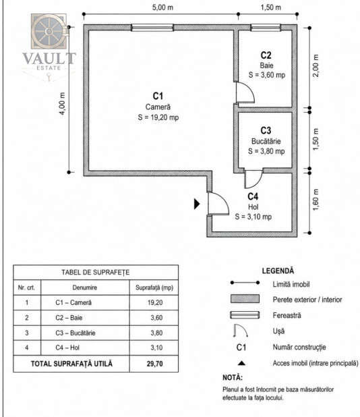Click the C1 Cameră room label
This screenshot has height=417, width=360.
(158, 102)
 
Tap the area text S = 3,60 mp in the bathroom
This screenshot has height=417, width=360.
(267, 75)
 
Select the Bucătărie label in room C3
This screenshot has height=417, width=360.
(266, 141)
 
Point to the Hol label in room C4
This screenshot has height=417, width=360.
(253, 206)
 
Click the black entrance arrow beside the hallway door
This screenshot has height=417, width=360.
(197, 204)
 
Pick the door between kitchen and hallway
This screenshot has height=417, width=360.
(253, 178)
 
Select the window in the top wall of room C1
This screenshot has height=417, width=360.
(152, 28)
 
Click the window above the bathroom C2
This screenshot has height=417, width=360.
(266, 28)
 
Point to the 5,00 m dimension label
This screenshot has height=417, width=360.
(162, 7)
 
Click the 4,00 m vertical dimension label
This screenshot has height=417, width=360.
(62, 103)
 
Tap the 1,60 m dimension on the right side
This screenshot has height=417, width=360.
(316, 200)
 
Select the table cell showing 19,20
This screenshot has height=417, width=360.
(155, 302)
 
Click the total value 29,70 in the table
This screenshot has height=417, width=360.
(154, 364)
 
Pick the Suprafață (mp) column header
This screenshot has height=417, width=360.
(154, 287)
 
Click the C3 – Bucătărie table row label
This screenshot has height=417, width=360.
(76, 333)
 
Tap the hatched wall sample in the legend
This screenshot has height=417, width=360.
(245, 299)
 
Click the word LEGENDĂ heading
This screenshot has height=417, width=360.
(278, 271)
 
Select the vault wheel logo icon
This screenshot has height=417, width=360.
(49, 32)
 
